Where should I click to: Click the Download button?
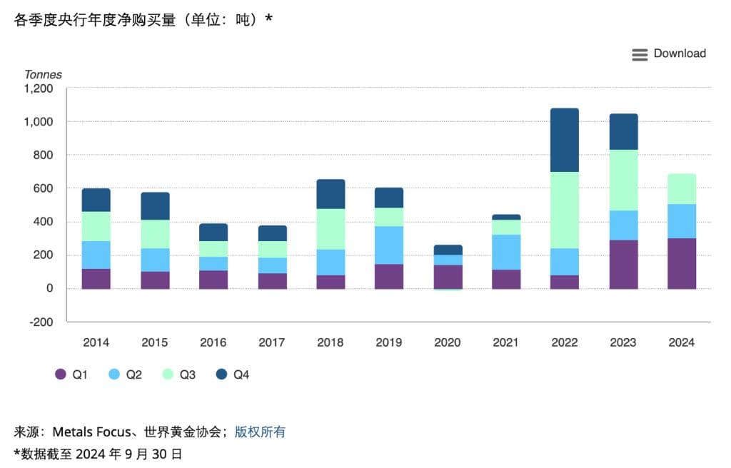click(679, 54)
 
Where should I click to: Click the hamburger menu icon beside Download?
click(640, 54)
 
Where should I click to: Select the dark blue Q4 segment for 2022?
click(565, 140)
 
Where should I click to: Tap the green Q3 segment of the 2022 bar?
click(565, 210)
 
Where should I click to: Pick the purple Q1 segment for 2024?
click(682, 263)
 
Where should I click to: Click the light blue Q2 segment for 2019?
click(389, 245)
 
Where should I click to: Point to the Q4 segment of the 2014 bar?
click(96, 200)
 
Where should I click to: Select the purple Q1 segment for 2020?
click(448, 277)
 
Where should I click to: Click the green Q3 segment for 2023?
click(623, 180)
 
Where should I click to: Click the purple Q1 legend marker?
click(61, 375)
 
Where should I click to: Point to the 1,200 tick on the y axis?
click(39, 88)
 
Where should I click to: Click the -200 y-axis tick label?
click(41, 322)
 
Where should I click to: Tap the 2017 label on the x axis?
click(272, 342)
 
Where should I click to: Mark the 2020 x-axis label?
click(448, 342)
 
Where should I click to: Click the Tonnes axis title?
click(43, 74)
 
